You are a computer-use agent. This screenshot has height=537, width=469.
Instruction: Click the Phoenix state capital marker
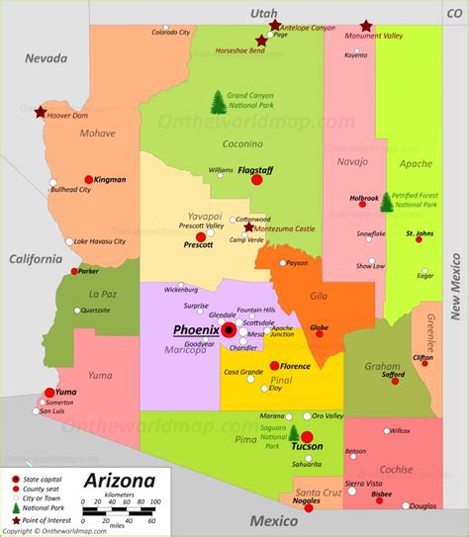coord(229,329)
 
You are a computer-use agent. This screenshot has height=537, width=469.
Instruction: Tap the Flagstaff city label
coord(255,169)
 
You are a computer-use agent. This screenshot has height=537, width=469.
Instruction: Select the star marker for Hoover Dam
coord(41,112)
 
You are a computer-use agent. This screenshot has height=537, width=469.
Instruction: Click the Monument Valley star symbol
coord(366,26)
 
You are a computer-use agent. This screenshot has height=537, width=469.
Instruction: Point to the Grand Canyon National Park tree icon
coord(217,101)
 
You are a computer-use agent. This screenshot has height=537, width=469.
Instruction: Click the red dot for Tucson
coord(307,436)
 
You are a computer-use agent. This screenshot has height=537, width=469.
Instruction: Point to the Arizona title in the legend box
coord(119,482)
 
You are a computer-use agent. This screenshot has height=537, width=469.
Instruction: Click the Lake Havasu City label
coord(100,241)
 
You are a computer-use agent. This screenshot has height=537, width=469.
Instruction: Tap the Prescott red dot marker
coord(201,237)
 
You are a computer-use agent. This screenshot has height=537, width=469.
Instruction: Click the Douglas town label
coord(422,505)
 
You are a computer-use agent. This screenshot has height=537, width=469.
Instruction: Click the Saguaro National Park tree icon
coord(293,432)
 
